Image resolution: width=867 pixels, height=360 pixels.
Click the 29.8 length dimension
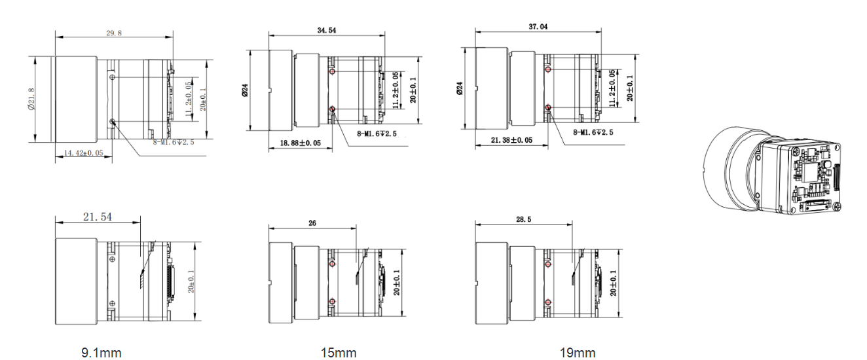(113, 33)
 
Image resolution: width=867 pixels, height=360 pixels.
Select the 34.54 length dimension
(325, 30)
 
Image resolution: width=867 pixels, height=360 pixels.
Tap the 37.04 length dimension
(537, 27)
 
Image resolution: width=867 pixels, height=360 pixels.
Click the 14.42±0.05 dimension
(83, 153)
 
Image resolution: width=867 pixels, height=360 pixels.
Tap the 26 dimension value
(312, 223)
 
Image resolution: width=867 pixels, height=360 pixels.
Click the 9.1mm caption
(101, 353)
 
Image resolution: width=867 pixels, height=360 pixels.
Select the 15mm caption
(339, 353)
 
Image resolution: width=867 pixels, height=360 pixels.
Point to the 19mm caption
(578, 353)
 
